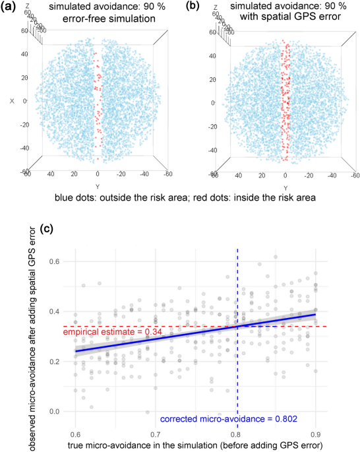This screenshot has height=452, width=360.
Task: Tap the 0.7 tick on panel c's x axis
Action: (x=156, y=434)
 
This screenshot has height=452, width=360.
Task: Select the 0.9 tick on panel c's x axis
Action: (x=316, y=434)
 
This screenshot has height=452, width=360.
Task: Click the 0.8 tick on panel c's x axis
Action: (x=236, y=434)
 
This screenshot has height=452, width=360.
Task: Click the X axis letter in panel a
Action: (x=12, y=100)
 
